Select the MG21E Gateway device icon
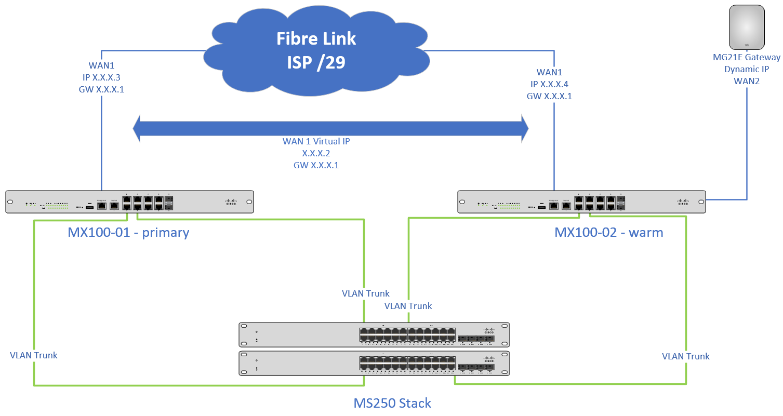tap(747, 26)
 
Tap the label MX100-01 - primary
tap(128, 232)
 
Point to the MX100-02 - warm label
tap(608, 232)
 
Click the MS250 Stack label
tap(392, 403)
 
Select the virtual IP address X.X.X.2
tap(316, 153)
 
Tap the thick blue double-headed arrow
tap(330, 128)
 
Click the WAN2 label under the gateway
tap(747, 80)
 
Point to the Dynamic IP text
tap(747, 69)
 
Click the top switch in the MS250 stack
tap(374, 334)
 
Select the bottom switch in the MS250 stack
tap(374, 363)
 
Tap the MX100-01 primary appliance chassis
tap(129, 202)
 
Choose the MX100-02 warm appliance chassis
tap(581, 202)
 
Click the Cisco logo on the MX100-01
tap(231, 202)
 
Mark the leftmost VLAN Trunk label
tap(33, 355)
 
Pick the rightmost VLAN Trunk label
tap(685, 356)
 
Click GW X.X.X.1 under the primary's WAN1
tap(100, 89)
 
